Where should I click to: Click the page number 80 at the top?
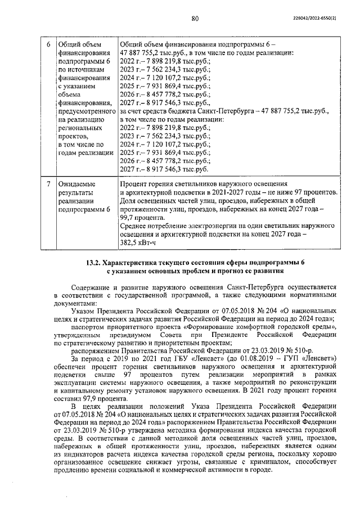[195, 19]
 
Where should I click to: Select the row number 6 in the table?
[48, 44]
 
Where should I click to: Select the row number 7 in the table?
[48, 184]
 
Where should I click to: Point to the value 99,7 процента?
[142, 217]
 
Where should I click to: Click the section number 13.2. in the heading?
[97, 262]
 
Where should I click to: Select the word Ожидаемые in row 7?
[76, 184]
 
